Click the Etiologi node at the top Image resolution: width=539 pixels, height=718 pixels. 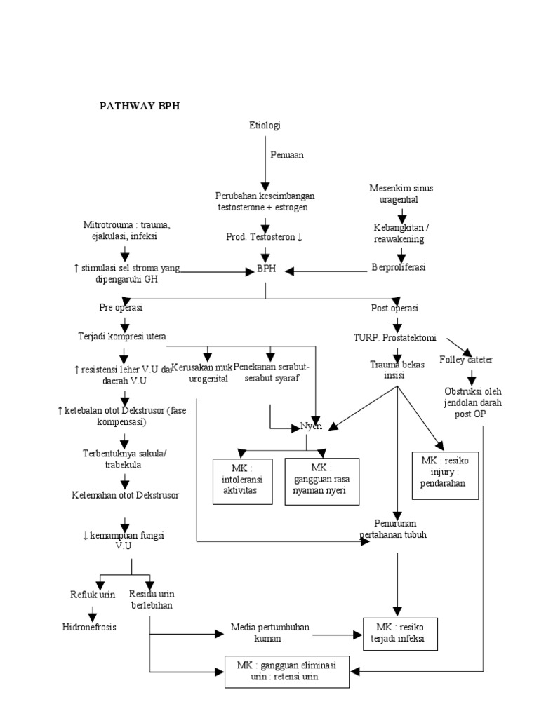point(265,126)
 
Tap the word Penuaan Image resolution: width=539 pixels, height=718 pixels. point(287,155)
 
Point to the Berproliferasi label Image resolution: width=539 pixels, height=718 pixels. point(399,268)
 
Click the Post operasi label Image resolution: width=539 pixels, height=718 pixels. point(394,309)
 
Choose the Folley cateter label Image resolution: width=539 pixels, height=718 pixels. point(466,360)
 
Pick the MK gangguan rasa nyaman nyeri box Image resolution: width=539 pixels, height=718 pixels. point(321,480)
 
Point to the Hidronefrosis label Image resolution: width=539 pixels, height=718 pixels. point(88,627)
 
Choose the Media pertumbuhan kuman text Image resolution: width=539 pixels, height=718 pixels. point(269,632)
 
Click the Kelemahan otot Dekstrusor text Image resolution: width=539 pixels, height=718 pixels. point(126,495)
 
